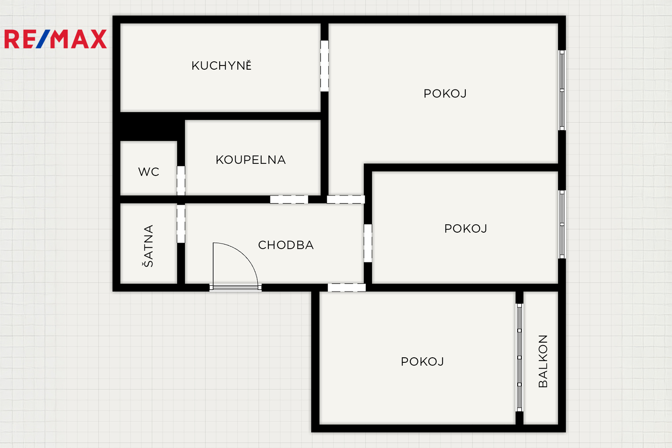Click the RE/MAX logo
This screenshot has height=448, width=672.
pos(55,39)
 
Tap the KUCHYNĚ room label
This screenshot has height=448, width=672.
pos(221,65)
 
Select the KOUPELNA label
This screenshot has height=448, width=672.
pos(250,160)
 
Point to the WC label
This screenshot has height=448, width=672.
pos(149,172)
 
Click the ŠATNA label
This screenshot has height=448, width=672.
pos(148,246)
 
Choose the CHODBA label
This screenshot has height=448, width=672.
pos(286,245)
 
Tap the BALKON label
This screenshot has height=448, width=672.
pos(543,361)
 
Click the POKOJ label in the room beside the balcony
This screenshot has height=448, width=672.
pos(422,362)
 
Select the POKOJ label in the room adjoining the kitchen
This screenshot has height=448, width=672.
pos(445,94)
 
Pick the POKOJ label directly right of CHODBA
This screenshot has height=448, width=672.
pos(466,228)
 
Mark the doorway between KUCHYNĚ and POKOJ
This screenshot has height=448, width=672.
pos(324,66)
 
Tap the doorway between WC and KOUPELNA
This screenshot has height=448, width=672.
pos(181,181)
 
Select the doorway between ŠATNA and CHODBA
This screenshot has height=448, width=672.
pos(181,224)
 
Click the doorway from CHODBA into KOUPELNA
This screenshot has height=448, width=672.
pos(289,199)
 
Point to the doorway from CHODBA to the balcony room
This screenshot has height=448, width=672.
pos(346,288)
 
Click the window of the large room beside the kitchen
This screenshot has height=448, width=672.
pos(562,90)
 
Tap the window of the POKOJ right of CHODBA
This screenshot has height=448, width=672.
pos(562,224)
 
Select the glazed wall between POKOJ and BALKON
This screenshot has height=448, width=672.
pos(519,357)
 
